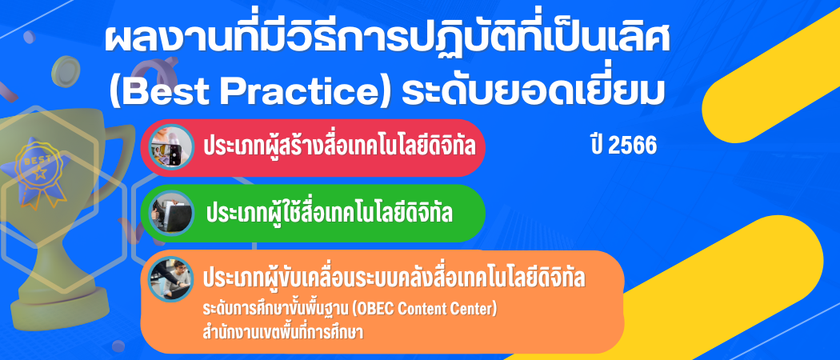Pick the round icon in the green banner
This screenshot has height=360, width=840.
pos(171,213)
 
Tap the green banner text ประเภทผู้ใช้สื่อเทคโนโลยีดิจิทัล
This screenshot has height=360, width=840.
pos(329,214)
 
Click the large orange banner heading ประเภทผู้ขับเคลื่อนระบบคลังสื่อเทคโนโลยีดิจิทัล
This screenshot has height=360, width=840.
pos(394,279)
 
